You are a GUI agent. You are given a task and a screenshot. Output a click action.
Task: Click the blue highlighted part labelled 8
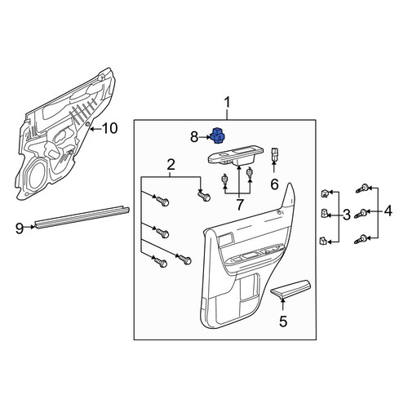220,135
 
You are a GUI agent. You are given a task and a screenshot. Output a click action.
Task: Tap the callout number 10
110,128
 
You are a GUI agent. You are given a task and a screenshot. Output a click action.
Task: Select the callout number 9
20,228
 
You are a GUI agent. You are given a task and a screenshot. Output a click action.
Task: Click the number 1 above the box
227,103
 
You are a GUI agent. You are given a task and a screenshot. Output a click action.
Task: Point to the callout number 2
171,165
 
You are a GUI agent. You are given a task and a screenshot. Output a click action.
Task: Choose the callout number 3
346,215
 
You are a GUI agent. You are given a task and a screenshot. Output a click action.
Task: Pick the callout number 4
388,211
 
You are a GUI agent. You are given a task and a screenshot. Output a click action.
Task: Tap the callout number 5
283,322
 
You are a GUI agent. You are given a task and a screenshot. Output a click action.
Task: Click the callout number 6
274,184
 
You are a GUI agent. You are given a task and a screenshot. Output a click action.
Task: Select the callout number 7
239,205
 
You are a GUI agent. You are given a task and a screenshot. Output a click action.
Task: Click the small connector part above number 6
274,153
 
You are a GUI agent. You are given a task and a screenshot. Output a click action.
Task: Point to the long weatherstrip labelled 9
82,218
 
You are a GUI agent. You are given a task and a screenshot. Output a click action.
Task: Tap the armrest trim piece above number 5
290,287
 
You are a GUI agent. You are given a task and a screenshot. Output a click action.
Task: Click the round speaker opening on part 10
38,175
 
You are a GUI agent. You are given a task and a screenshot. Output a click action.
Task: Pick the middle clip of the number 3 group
324,214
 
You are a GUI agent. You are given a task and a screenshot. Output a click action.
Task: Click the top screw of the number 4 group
361,188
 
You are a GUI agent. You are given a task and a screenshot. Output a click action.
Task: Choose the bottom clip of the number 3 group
323,241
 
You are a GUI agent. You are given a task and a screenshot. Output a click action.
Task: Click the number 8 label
194,137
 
